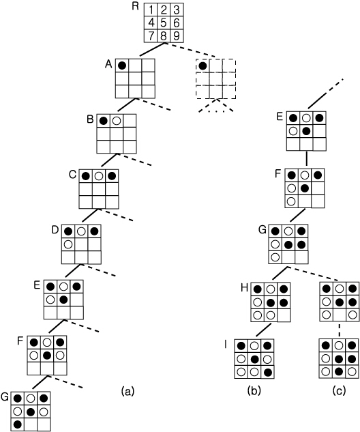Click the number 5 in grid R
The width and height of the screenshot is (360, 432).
[x=164, y=23]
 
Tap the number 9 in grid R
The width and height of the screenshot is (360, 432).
[x=177, y=35]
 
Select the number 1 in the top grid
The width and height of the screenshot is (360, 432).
[x=151, y=10]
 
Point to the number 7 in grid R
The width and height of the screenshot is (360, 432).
[x=151, y=35]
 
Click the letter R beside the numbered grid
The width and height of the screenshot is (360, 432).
[x=135, y=6]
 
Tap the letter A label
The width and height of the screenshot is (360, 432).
[x=108, y=64]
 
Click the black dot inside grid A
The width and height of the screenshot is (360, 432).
[x=122, y=66]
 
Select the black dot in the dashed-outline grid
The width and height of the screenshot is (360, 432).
[x=202, y=66]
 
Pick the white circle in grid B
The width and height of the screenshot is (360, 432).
[x=117, y=121]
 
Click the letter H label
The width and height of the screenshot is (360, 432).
[x=244, y=288]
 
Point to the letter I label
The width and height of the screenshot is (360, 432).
[x=226, y=344]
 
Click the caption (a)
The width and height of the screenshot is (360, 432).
[x=127, y=390]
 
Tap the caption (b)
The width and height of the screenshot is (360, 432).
[x=254, y=390]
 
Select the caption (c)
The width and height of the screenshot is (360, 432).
[x=339, y=390]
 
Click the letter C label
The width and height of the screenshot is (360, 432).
[x=72, y=175]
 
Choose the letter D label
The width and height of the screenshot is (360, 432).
[x=55, y=229]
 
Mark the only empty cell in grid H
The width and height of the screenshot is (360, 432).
[x=284, y=315]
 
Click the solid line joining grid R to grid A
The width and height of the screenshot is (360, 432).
[x=151, y=50]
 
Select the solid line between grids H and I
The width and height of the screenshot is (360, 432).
[x=264, y=330]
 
